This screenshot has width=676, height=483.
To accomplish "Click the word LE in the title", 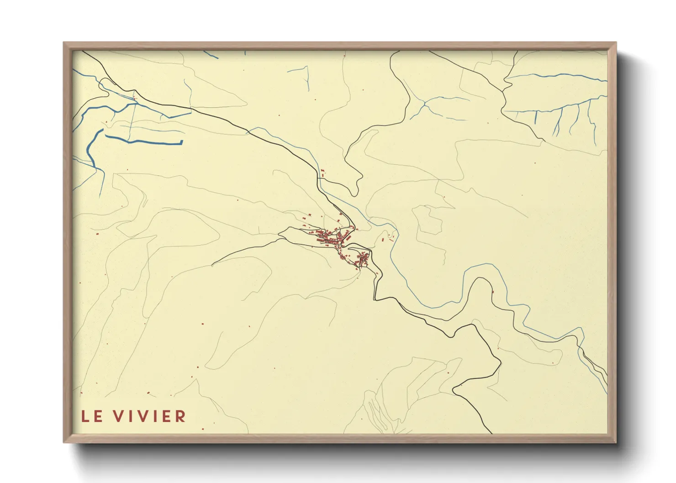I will click(x=90, y=416).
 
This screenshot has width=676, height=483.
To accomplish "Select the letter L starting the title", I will click(x=85, y=416).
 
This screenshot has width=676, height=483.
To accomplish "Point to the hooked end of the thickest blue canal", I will click(x=181, y=142).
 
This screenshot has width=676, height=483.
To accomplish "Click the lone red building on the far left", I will click(x=97, y=235).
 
